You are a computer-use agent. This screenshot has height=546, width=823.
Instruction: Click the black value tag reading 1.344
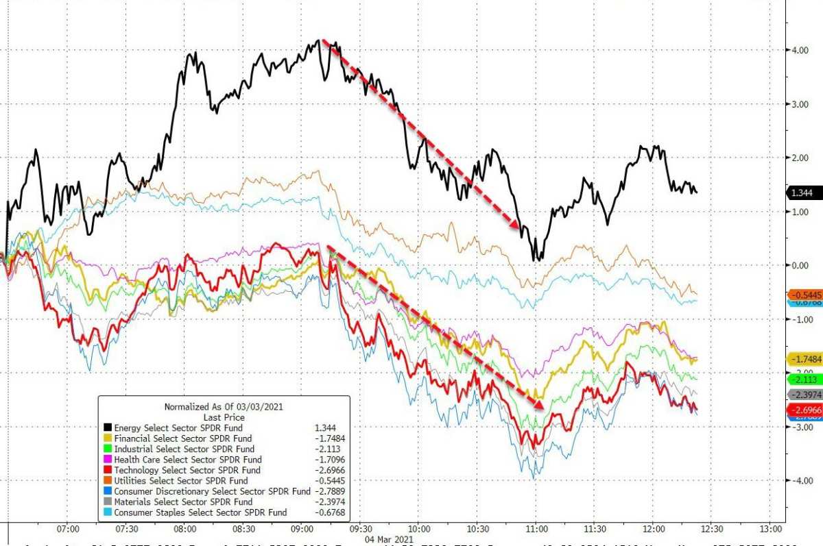point(803,193)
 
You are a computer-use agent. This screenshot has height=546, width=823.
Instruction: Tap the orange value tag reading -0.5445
point(804,295)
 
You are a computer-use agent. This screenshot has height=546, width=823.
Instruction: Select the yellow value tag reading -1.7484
point(804,359)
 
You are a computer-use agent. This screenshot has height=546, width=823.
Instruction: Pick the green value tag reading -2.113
point(804,379)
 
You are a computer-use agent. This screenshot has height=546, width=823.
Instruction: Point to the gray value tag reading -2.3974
point(804,395)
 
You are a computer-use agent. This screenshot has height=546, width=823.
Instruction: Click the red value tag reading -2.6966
point(804,409)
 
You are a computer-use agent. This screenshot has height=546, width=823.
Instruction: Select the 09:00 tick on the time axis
point(302,529)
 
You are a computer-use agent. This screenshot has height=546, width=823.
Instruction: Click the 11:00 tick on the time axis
point(537,529)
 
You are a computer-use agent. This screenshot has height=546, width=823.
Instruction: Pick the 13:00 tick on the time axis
point(771,529)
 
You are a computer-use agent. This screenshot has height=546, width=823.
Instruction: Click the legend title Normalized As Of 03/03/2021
point(224,406)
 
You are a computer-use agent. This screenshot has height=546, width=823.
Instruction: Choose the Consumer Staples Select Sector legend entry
point(200,512)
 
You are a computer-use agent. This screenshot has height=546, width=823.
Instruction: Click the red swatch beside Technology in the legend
point(106,471)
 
